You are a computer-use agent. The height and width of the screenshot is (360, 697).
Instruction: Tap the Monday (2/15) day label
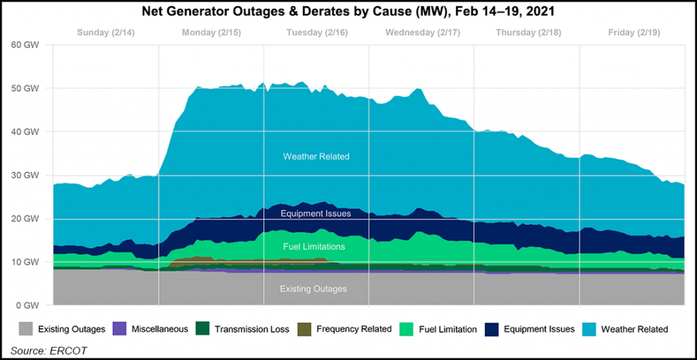coord(211,33)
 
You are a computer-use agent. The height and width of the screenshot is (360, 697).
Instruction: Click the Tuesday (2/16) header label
coord(316,33)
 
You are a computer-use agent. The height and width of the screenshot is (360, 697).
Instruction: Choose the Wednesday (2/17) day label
coord(421,33)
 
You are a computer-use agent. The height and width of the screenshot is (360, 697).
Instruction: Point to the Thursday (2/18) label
coord(526,33)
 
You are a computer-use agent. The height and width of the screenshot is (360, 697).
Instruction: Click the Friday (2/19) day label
coord(631,33)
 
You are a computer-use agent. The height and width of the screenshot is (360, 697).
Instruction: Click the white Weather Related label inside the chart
coord(316,156)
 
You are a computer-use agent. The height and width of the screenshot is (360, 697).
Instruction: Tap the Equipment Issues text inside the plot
coord(316,213)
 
